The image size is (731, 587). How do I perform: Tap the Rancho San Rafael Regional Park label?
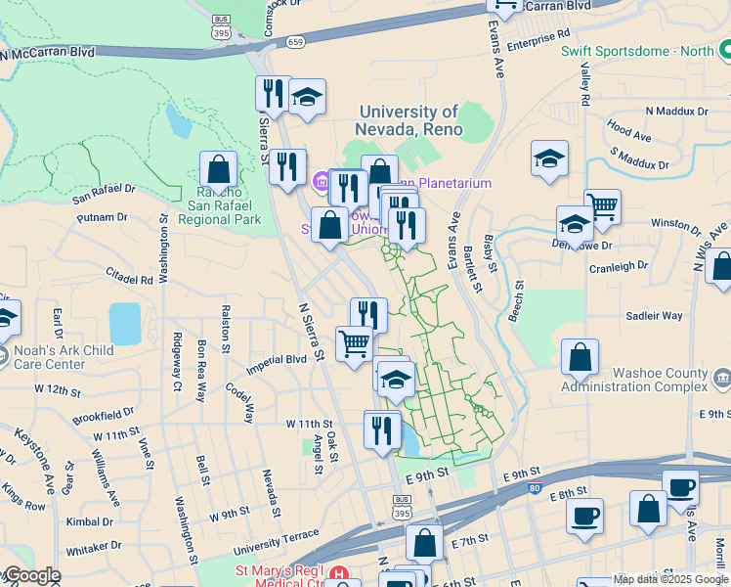[220, 204]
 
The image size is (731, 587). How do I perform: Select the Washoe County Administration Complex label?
[633, 380]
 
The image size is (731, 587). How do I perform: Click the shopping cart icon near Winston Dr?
[603, 206]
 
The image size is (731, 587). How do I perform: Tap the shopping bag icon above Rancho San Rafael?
[219, 169]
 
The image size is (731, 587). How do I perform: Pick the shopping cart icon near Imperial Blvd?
[354, 343]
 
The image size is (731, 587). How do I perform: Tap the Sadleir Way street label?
[655, 316]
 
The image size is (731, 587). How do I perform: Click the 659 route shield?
[295, 42]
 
